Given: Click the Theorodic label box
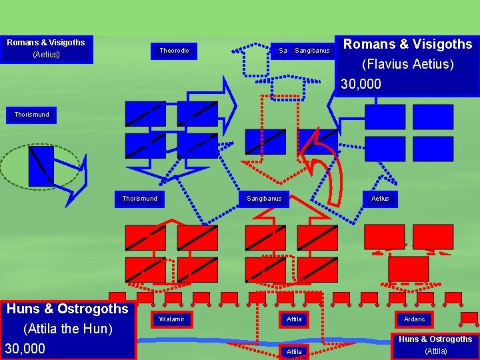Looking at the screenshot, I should click(x=174, y=50).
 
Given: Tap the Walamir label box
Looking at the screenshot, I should click(x=171, y=319).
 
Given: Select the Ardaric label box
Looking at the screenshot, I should click(x=414, y=319).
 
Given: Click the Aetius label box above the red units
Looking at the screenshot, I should click(x=380, y=199).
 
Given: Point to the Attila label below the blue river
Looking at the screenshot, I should click(x=294, y=351).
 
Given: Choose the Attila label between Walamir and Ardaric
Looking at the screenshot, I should click(x=294, y=319).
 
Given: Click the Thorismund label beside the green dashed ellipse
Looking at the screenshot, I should click(x=31, y=115).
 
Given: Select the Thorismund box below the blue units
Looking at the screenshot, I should click(x=140, y=199).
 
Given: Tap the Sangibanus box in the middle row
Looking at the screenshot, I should click(x=264, y=199).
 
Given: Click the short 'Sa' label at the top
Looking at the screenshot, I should click(x=283, y=51).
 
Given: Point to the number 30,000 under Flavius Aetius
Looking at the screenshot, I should click(x=361, y=84).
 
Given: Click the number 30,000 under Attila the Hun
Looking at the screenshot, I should click(x=25, y=349).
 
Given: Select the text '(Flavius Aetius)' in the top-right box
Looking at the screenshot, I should click(x=407, y=65).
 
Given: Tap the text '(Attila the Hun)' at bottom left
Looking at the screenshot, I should click(x=67, y=329).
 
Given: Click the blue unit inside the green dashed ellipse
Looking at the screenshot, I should click(x=41, y=166).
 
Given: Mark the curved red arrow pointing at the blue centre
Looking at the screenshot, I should click(x=327, y=167).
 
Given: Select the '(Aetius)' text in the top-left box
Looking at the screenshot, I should click(x=46, y=55).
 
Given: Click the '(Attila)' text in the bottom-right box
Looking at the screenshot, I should click(x=436, y=351).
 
